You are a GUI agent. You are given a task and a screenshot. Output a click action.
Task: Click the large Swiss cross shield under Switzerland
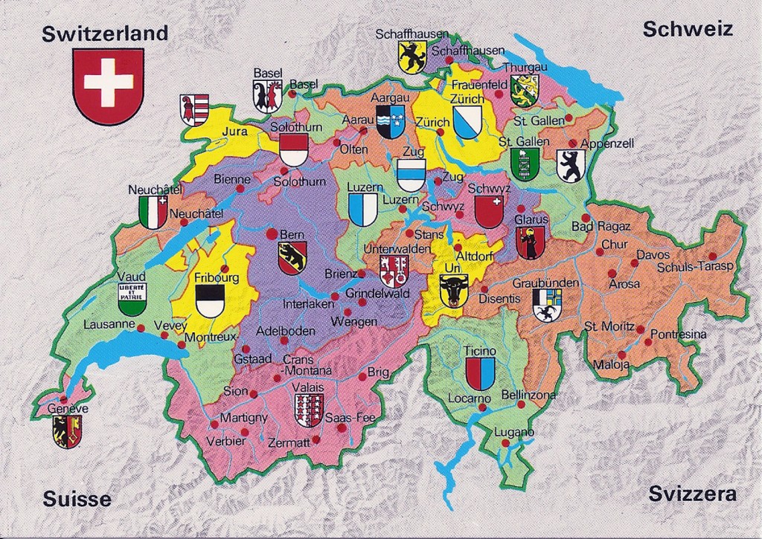109,85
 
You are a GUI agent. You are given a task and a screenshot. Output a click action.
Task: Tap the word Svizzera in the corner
692,494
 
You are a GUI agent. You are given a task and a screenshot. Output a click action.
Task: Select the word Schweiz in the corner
688,30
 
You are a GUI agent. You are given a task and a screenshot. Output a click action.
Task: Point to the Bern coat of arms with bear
292,258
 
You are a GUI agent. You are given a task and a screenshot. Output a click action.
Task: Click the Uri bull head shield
452,290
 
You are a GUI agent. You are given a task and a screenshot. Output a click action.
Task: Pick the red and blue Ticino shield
480,373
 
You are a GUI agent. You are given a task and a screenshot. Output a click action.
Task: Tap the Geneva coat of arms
67,431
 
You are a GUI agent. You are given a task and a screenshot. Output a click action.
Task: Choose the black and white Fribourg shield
210,301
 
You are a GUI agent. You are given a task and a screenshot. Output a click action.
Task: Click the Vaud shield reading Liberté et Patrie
132,299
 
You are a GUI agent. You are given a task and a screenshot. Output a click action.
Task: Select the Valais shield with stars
308,410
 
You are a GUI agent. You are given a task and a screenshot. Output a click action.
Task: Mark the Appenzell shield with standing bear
571,166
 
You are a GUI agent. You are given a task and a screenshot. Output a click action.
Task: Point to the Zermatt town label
289,442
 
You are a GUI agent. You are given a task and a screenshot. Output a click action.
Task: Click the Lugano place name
514,432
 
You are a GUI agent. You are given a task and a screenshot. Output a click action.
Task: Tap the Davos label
653,255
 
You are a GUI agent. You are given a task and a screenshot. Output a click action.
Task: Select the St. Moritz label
609,326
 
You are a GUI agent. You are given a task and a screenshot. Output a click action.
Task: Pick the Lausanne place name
109,324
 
